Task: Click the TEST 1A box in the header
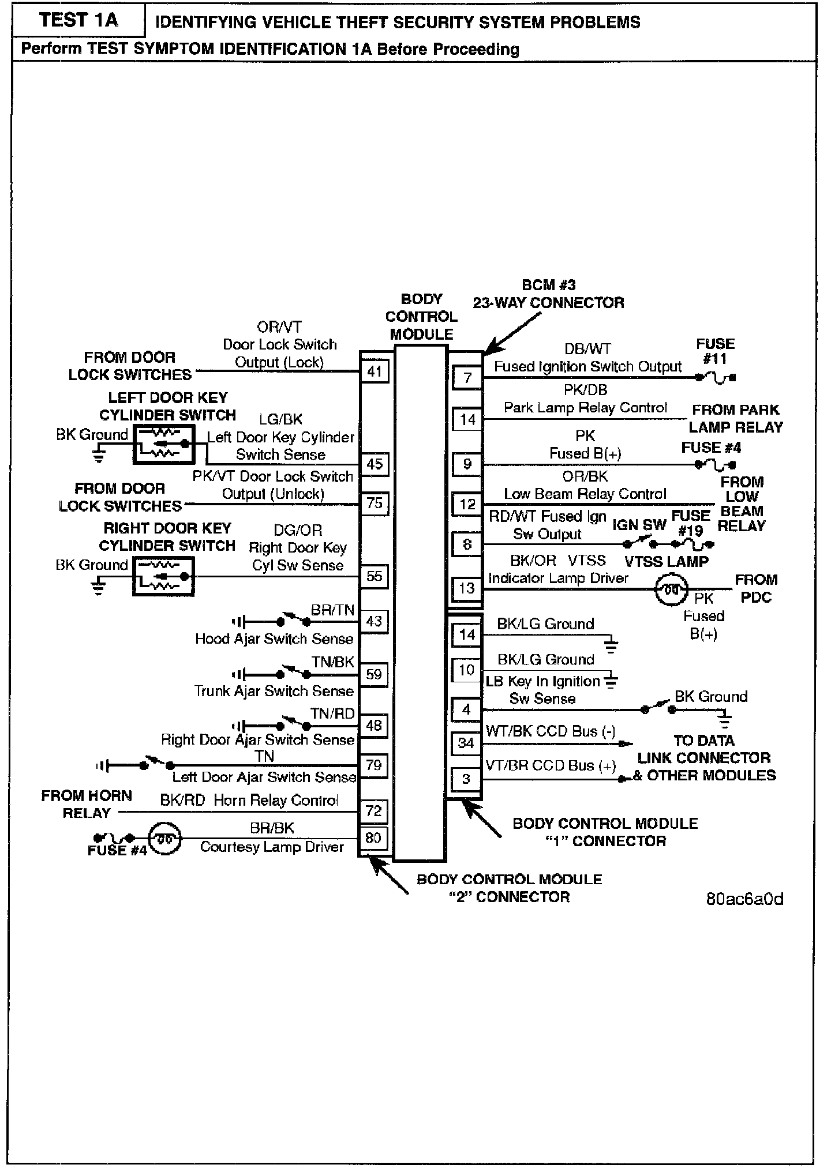pos(78,20)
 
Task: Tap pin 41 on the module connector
pos(375,371)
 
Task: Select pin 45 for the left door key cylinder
pos(375,464)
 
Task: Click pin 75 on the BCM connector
pos(375,504)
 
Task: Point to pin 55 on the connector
pos(375,576)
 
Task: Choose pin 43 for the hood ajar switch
pos(374,621)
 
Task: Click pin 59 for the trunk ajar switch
pos(374,674)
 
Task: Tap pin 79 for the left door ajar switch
pos(374,765)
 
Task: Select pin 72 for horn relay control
pos(374,812)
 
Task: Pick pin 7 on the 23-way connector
pos(467,378)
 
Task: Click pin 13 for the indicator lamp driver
pos(467,589)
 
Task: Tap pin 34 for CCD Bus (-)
pos(466,743)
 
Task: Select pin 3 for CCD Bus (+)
pos(466,779)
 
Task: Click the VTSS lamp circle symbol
pos(671,589)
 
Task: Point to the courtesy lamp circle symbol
pos(165,838)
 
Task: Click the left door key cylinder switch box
pos(164,444)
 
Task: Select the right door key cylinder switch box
pos(164,576)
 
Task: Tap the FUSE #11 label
pos(715,351)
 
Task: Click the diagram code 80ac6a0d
pos(744,900)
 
